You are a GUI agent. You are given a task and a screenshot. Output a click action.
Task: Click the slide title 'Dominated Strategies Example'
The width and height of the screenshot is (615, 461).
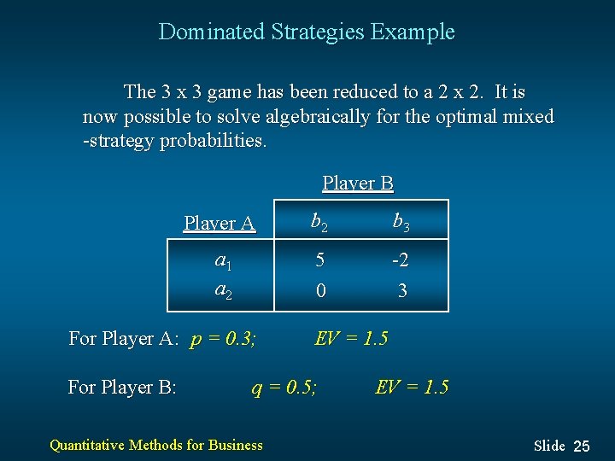click(307, 32)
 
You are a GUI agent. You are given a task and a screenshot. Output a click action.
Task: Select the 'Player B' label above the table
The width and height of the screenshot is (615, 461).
click(357, 183)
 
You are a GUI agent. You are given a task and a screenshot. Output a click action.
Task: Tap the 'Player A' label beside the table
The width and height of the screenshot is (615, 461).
click(220, 224)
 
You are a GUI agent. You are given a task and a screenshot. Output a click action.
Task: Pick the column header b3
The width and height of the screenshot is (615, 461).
click(401, 223)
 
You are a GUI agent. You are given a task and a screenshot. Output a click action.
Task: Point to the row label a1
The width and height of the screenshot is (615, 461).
click(224, 261)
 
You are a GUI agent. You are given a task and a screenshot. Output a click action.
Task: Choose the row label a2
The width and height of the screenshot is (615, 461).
click(224, 290)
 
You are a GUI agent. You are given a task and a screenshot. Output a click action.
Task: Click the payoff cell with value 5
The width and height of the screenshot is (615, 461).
click(319, 261)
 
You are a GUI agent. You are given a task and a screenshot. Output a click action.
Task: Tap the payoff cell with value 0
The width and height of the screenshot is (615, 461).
click(319, 291)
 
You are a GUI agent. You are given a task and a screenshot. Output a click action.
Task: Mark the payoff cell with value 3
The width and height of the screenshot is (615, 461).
click(402, 291)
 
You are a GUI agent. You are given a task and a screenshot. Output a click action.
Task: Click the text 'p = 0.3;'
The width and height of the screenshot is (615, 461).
click(223, 339)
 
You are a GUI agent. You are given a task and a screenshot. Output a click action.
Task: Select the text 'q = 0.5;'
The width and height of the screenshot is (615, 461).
click(284, 388)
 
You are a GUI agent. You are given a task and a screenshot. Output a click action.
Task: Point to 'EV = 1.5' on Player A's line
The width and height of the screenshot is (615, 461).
click(351, 338)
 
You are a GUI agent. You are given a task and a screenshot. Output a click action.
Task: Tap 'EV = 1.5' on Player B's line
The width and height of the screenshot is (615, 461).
click(412, 388)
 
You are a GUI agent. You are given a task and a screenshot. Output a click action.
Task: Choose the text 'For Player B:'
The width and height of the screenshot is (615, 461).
click(122, 388)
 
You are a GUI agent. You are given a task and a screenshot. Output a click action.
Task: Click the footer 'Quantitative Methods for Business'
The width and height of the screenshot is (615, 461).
click(156, 444)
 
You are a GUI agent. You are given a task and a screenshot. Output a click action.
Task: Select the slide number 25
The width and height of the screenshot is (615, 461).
click(581, 446)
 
